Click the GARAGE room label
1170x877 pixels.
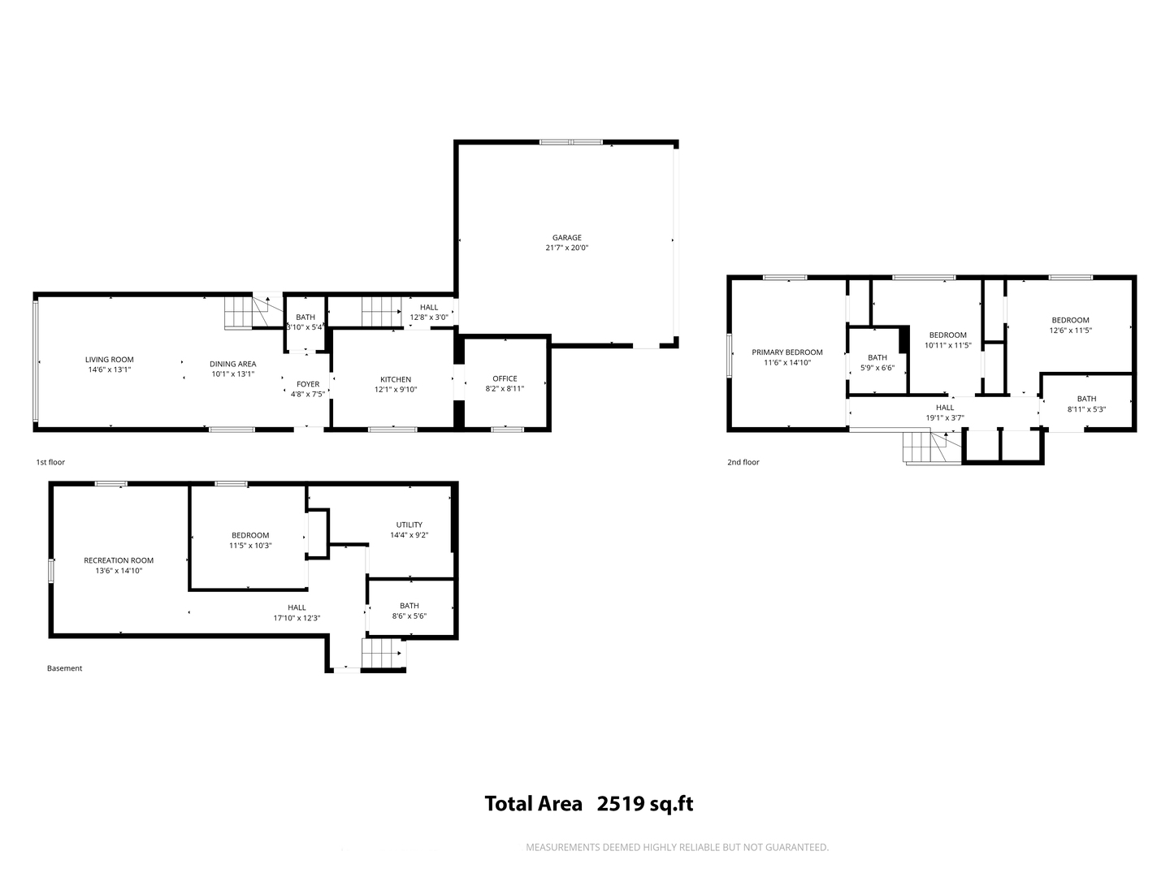point(566,237)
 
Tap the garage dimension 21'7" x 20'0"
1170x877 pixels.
point(566,248)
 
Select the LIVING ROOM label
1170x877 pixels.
point(109,360)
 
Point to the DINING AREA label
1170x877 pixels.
point(233,364)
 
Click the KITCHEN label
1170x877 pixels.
point(396,379)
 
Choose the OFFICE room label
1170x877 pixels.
point(505,378)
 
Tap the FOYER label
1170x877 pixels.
point(308,384)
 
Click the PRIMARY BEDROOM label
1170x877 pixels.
point(787,352)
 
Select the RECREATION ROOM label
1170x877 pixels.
point(119,560)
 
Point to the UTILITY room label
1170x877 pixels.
point(409,525)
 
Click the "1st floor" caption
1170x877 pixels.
point(50,462)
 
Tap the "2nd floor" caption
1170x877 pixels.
point(743,462)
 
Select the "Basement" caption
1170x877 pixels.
point(64,668)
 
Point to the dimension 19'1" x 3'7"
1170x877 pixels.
point(945,418)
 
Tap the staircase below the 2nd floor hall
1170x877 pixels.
point(932,447)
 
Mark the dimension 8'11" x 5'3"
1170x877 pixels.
point(1086,409)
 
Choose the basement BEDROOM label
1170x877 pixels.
point(250,535)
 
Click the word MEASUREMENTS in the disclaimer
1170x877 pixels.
point(563,847)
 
